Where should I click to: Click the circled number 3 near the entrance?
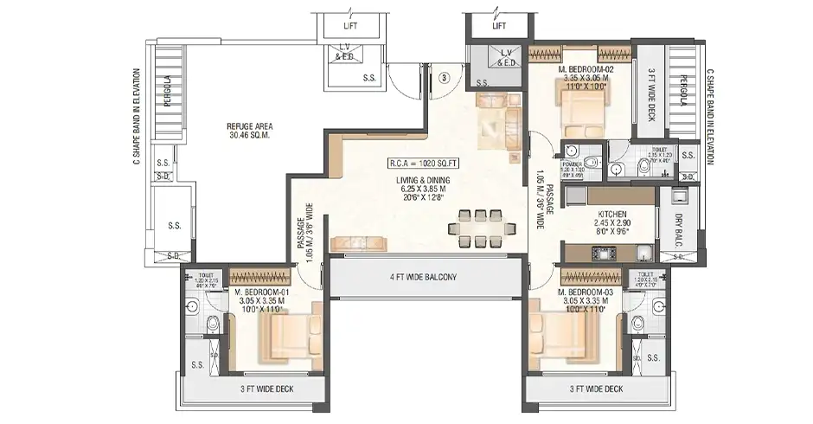pos(444,77)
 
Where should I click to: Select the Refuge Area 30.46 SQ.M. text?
pos(227,130)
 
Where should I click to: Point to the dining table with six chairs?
pos(477,228)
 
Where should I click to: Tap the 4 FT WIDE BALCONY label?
pos(422,278)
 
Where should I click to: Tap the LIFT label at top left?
pos(350,26)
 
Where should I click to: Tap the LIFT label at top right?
pos(499,26)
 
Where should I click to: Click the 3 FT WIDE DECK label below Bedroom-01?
pos(266,389)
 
